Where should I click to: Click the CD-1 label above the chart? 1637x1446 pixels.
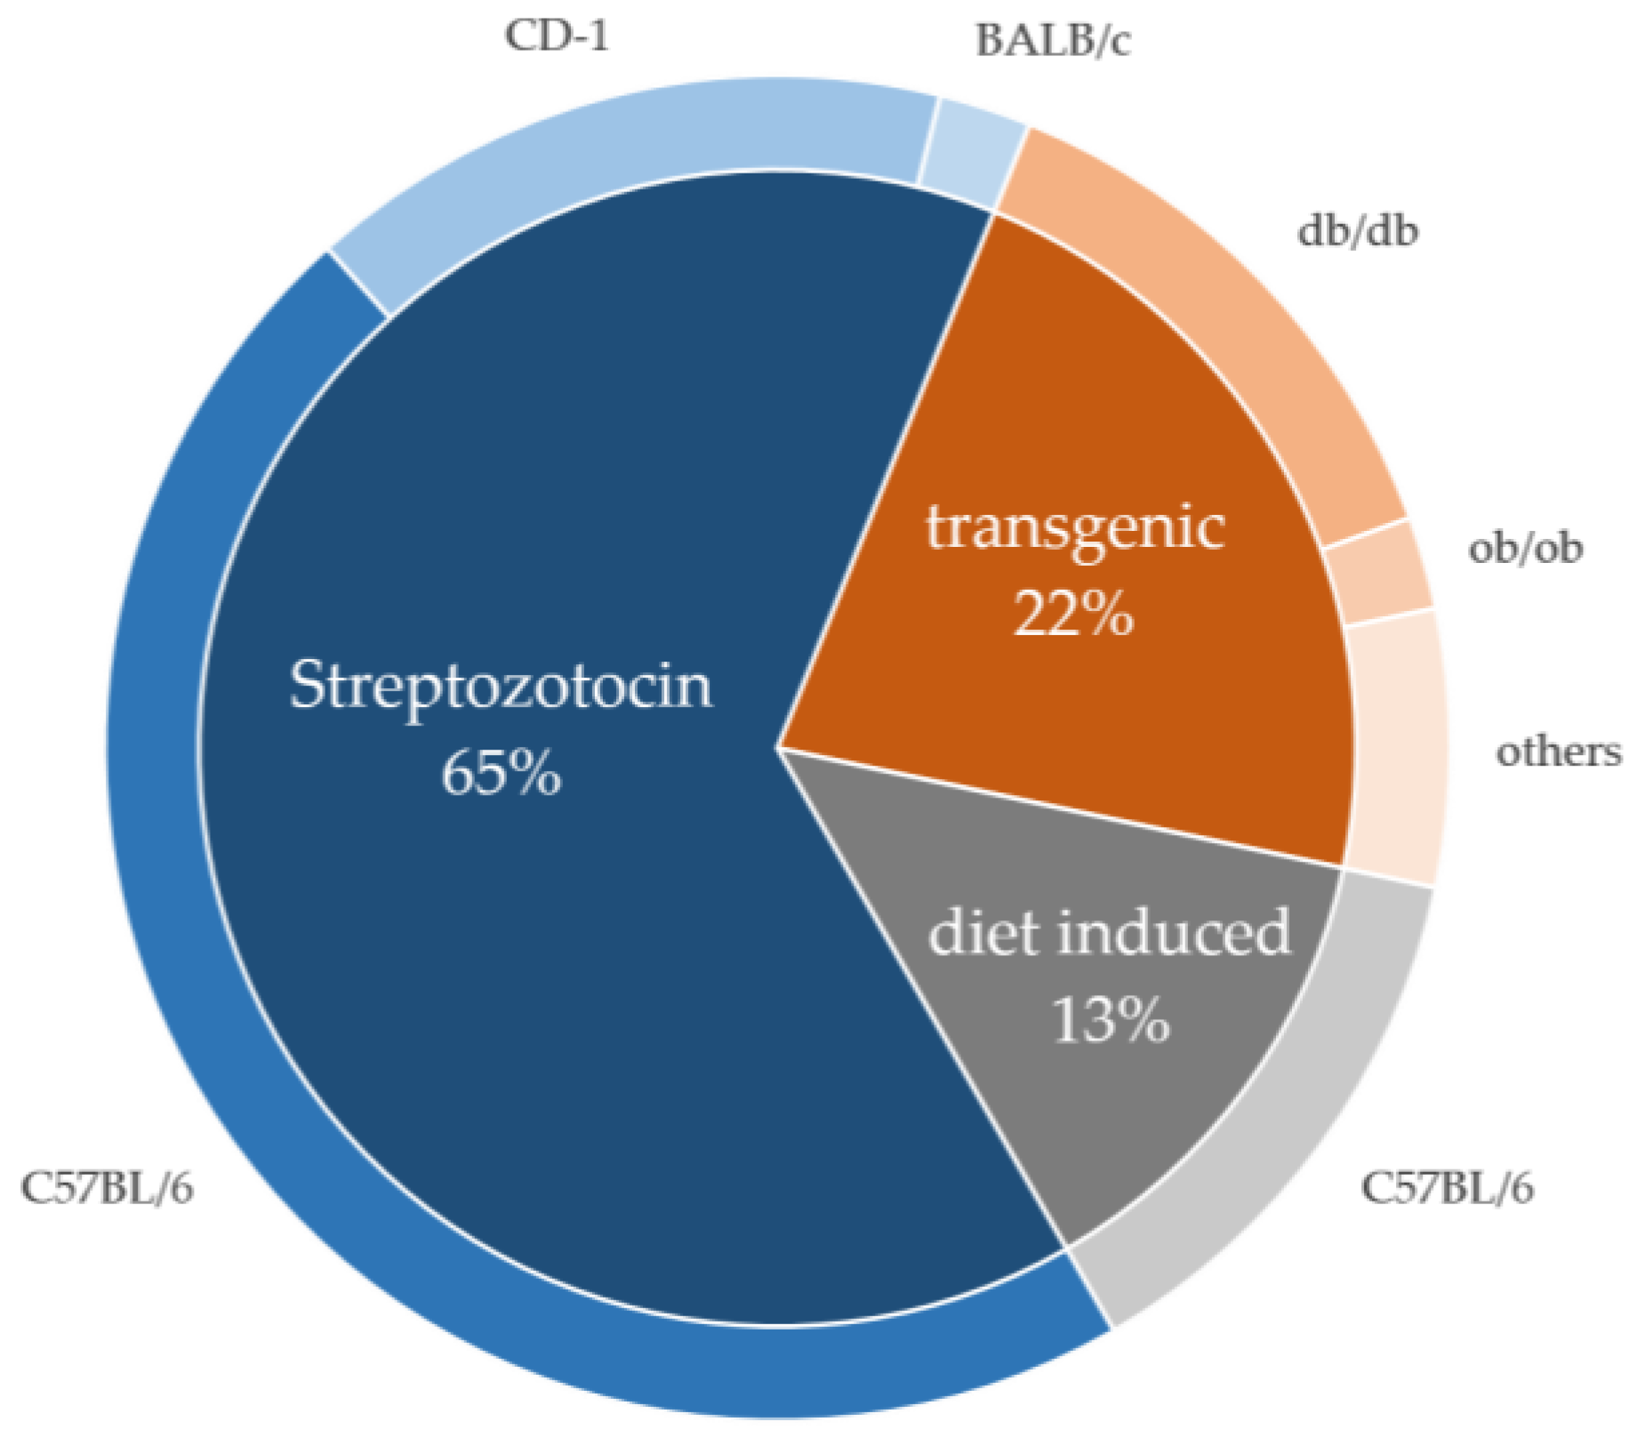557,36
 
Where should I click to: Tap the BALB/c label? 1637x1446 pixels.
1053,41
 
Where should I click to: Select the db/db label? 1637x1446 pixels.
1357,231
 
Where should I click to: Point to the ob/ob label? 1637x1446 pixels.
1525,547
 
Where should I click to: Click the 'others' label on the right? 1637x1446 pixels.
1559,751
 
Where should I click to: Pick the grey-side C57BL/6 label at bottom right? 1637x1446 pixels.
1447,1187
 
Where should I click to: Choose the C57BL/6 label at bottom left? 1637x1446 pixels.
107,1188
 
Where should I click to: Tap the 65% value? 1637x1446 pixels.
501,772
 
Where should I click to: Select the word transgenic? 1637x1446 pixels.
1075,527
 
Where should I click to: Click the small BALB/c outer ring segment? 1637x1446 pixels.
971,147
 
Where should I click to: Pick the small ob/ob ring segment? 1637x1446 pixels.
1379,574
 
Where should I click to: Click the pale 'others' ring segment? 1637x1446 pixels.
1394,747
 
